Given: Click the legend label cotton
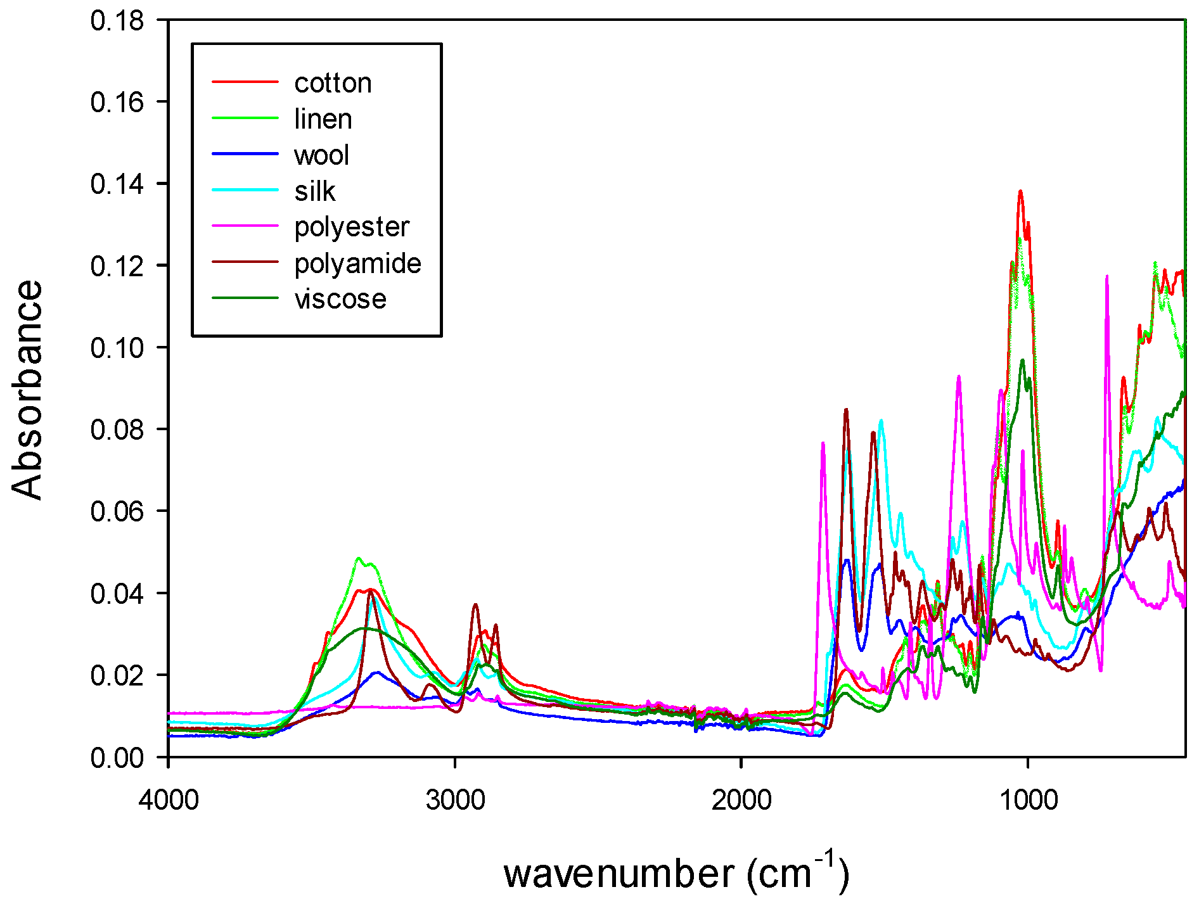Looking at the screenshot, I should point(333,83).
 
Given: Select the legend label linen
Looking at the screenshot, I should point(323,119).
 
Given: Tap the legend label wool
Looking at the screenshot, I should point(321,155).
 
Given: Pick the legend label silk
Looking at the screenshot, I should point(314,191).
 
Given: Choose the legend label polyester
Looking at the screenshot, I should point(352,227).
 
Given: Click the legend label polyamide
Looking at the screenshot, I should point(357,264).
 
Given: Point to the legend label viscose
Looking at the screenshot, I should point(340,299).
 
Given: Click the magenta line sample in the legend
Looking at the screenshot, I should point(245,226).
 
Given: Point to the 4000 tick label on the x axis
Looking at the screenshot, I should point(169,800).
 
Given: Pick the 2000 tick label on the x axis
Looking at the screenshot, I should point(741,800).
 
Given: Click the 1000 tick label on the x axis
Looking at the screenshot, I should point(1028,800).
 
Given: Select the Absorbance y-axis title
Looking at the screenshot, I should point(27,390).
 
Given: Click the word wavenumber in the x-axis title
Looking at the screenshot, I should point(619,875).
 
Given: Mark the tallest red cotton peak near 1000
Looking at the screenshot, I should point(1020,191).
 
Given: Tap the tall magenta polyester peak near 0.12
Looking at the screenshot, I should point(1106,277).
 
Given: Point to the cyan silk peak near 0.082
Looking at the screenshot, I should point(880,421).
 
